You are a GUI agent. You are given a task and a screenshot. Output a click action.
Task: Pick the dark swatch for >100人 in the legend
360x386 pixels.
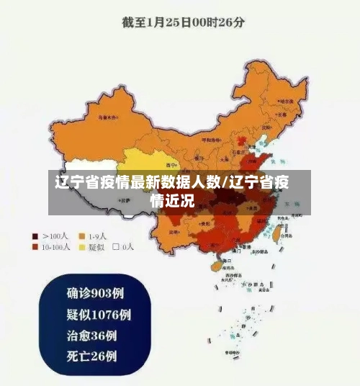[x=34, y=235]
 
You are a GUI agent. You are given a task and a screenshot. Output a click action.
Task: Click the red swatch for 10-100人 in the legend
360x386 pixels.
[x=34, y=247]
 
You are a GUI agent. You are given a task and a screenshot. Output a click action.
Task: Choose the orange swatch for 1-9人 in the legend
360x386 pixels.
[x=82, y=235]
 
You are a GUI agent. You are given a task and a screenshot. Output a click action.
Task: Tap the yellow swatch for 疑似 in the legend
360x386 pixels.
[x=82, y=247]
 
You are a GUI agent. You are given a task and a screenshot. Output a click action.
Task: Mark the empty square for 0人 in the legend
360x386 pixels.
[x=115, y=247]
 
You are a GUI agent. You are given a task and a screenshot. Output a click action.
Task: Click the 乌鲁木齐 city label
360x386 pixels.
[x=108, y=115]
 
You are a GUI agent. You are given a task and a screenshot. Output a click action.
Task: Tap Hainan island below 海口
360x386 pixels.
[x=214, y=266]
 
